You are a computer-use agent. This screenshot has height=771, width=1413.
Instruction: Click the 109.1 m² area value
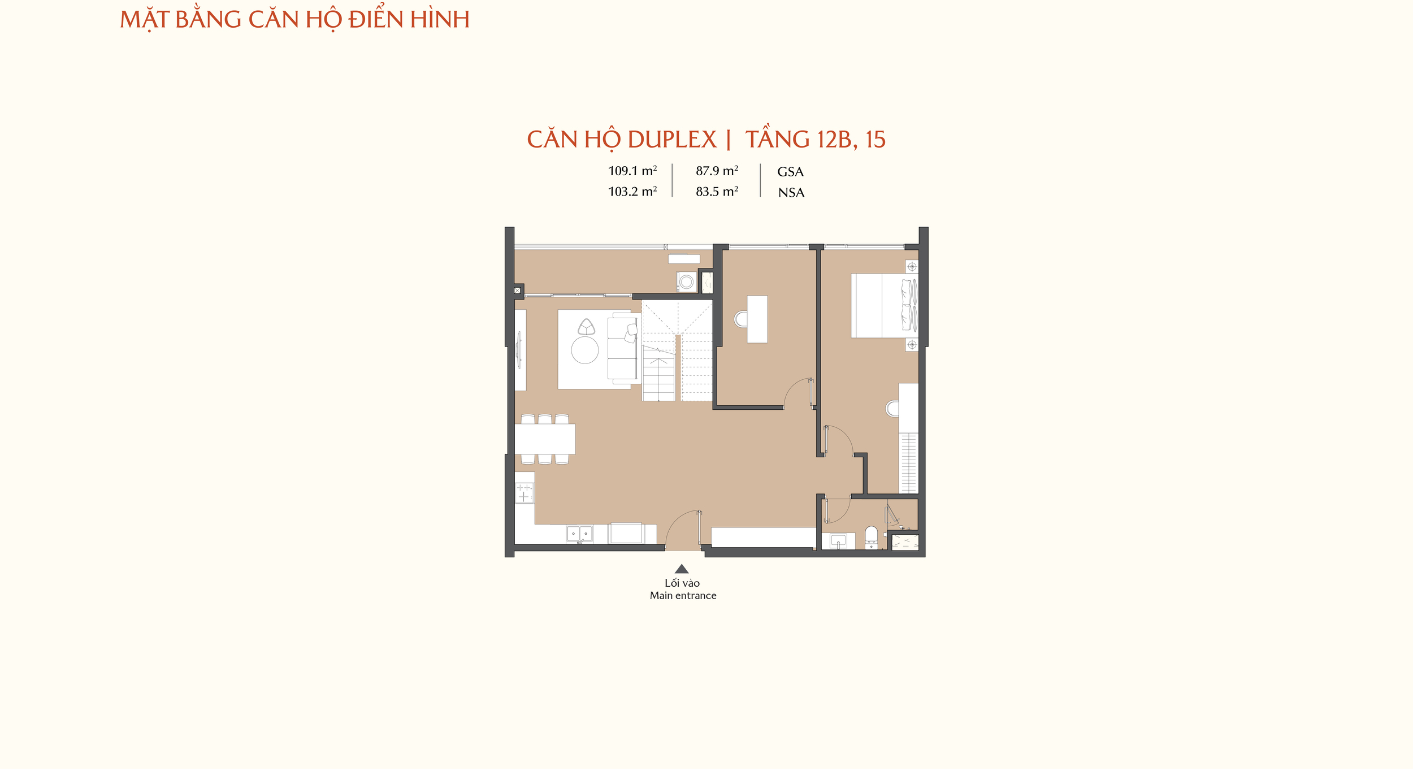(x=632, y=171)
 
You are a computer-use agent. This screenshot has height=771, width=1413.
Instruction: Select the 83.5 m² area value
(x=717, y=192)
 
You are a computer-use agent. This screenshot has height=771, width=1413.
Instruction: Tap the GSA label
(x=790, y=172)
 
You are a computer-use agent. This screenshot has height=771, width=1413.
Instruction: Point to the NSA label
(x=791, y=193)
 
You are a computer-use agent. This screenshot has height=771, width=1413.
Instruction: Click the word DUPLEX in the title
(x=672, y=140)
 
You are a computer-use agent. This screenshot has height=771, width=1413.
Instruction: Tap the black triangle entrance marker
(x=682, y=569)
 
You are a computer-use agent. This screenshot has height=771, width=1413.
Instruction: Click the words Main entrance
(x=683, y=595)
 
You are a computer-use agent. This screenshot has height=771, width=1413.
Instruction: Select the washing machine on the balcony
(x=687, y=281)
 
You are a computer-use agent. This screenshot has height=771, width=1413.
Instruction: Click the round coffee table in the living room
(x=585, y=350)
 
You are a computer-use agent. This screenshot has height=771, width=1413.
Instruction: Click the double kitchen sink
(x=579, y=534)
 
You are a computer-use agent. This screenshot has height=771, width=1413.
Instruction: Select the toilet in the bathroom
(x=872, y=538)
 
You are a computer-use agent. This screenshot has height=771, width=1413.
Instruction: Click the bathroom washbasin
(x=838, y=541)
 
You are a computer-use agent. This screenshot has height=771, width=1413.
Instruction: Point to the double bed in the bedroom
(x=885, y=305)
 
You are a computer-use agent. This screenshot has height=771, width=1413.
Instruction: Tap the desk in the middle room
(x=757, y=319)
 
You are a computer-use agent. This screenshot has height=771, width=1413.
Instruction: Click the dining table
(x=545, y=439)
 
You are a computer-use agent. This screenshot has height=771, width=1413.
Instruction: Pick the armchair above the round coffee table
(x=586, y=327)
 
